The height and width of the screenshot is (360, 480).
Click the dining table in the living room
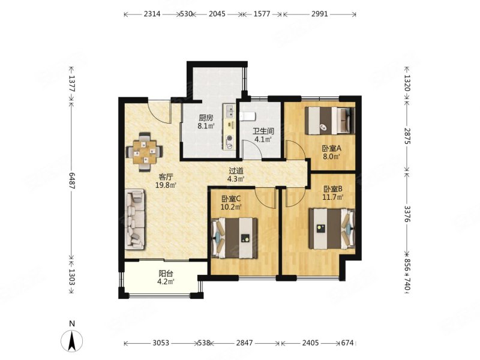coord(145,152)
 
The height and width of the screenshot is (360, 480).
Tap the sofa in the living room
coord(134,219)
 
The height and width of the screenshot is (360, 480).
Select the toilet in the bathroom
coord(248,116)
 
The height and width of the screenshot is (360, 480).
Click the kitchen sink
coord(229,111)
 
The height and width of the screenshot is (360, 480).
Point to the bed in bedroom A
coord(329,121)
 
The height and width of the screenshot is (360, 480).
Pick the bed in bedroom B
coord(332,229)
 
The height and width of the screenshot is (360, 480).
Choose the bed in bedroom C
coord(235,238)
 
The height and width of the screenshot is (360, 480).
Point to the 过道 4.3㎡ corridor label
coord(236,175)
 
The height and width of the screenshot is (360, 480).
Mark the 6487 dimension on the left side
coord(71,181)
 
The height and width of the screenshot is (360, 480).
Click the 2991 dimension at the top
coord(319,14)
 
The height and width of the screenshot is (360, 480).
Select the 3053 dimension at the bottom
coord(161,343)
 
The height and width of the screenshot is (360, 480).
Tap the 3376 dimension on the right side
coord(407,214)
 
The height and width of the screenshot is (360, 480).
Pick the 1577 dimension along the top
coord(262,14)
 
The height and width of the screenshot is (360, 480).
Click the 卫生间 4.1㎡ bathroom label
coord(263,136)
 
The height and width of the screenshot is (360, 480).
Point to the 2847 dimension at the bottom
coord(245,343)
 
